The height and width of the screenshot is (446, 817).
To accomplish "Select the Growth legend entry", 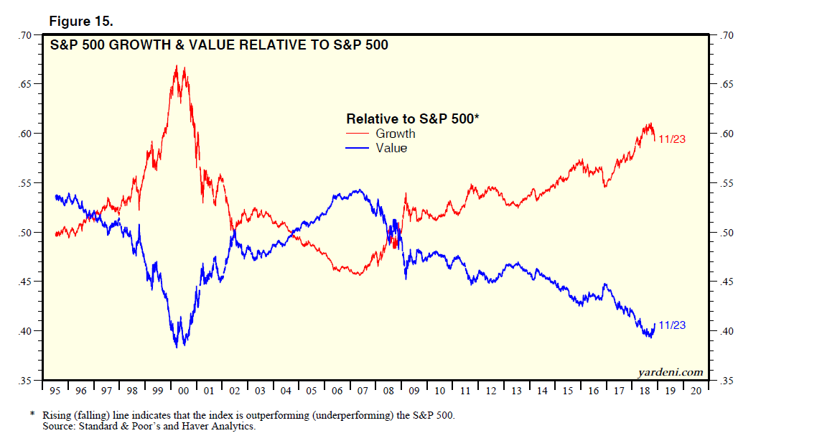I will point(395,134).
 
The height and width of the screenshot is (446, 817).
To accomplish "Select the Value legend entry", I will point(391,148).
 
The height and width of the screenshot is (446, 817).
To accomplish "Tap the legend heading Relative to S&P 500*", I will point(412,119).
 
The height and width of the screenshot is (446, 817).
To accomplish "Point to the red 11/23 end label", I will point(672,139).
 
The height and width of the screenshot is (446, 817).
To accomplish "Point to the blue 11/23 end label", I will point(672,325).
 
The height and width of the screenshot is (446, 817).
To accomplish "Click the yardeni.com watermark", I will point(671,372).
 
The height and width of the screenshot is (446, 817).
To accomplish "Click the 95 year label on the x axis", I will point(55,391).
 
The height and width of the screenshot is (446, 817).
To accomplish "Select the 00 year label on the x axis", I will point(183,391).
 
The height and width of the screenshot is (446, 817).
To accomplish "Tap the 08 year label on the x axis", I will point(388,391).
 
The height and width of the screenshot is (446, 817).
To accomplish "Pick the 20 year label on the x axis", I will point(696,391).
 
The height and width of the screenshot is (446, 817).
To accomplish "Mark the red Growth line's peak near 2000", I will point(176,65).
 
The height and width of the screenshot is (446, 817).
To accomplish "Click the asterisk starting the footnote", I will point(32,414).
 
